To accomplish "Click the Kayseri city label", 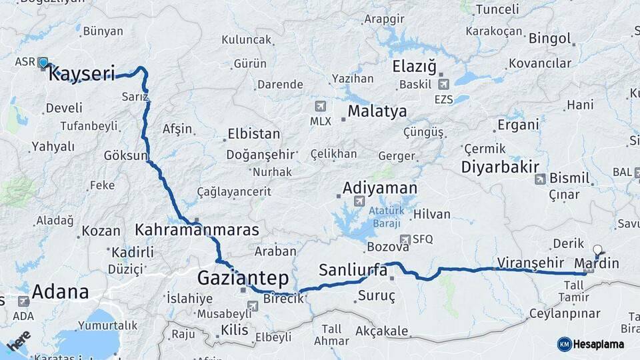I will pyautogui.click(x=82, y=73).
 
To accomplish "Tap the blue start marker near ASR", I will pyautogui.click(x=43, y=63).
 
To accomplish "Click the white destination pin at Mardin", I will pyautogui.click(x=597, y=251).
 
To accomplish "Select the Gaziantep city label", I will pyautogui.click(x=243, y=277).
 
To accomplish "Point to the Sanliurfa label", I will pyautogui.click(x=353, y=270).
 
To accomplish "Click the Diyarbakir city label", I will pyautogui.click(x=500, y=167).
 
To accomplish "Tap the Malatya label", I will pyautogui.click(x=377, y=111).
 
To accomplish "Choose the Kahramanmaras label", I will pyautogui.click(x=197, y=230).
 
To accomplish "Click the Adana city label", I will pyautogui.click(x=60, y=291).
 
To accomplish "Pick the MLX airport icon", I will pyautogui.click(x=321, y=106).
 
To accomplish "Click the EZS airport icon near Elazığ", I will pyautogui.click(x=444, y=84).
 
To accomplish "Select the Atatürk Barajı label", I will pyautogui.click(x=387, y=217).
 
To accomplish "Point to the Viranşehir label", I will pyautogui.click(x=527, y=261).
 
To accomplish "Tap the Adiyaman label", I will pyautogui.click(x=380, y=188).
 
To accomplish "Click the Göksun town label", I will pyautogui.click(x=125, y=155).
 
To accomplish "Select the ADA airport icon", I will pyautogui.click(x=25, y=301).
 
